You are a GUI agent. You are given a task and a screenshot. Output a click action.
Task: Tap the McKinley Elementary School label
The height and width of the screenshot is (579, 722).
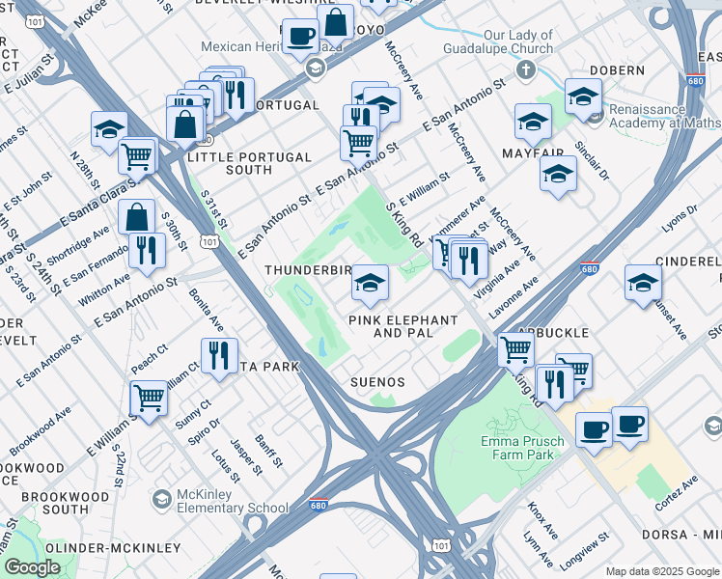[x=232, y=501]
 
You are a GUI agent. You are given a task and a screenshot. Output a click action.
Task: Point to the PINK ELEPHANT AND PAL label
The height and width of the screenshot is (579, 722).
[x=403, y=326]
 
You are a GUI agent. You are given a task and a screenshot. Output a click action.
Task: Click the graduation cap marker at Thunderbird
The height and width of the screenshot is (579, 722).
[x=369, y=284]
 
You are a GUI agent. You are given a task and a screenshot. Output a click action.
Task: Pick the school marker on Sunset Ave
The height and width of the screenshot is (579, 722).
[x=643, y=283]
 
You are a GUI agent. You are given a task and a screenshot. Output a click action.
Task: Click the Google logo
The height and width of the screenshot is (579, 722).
[x=32, y=567]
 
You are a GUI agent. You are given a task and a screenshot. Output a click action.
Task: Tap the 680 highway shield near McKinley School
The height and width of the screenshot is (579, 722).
[x=319, y=505]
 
